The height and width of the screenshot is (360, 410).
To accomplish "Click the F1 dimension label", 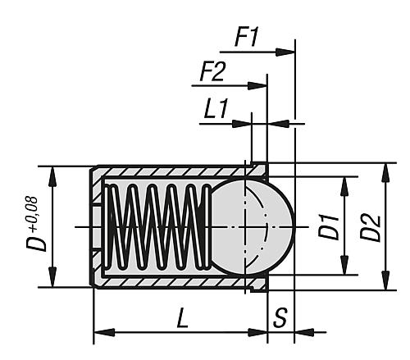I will click(x=249, y=37).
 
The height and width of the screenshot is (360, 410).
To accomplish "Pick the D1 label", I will click(x=330, y=226).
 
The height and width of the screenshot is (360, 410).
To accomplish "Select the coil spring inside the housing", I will click(x=156, y=226).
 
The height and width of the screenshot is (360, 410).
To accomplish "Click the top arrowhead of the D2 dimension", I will click(x=385, y=168).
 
